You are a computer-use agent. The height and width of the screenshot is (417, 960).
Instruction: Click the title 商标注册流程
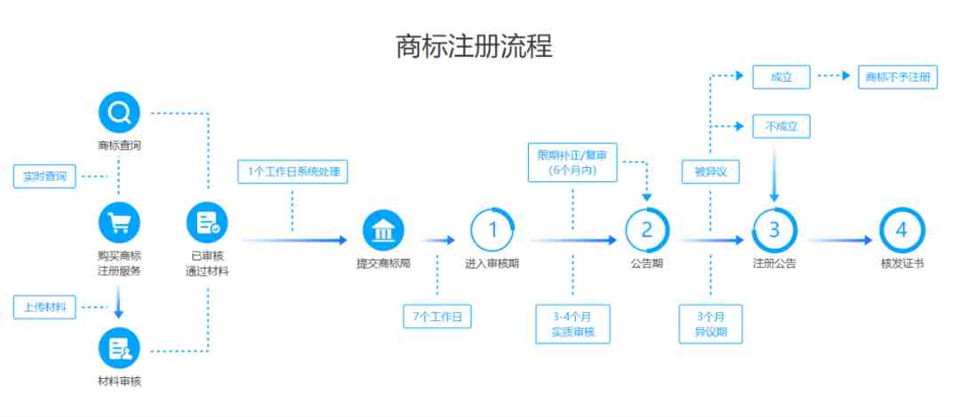tap(474, 46)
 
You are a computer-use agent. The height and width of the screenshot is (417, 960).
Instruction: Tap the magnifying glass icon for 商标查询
tap(119, 113)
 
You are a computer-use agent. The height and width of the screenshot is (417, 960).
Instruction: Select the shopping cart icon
tap(119, 223)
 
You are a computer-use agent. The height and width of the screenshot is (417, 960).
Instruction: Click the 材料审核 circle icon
tap(119, 349)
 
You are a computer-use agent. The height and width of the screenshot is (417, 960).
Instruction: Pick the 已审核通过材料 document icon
tap(207, 223)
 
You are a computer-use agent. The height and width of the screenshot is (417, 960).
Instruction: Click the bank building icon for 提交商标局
tap(384, 230)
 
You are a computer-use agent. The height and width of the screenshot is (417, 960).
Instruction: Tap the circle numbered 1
tap(492, 230)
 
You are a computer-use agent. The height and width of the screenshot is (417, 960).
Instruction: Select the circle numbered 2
tap(647, 230)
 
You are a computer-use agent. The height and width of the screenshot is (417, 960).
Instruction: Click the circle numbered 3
tap(774, 230)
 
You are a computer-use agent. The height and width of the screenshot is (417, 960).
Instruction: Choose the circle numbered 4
tap(902, 230)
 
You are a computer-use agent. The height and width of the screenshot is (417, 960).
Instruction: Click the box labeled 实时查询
tap(44, 177)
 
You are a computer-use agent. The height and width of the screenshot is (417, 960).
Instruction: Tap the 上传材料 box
tap(44, 308)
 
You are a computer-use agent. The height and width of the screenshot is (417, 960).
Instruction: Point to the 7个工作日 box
tap(437, 317)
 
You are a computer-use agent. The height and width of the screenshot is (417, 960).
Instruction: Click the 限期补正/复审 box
tap(572, 163)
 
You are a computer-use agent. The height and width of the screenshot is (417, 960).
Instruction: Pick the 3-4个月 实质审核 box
tap(572, 324)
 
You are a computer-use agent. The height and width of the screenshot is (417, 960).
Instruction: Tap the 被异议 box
tap(710, 172)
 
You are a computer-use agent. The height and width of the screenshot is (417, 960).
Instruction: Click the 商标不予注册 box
tap(898, 77)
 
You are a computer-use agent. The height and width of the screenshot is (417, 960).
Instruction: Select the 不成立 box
tap(781, 127)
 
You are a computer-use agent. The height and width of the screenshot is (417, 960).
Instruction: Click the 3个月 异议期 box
tap(710, 324)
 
